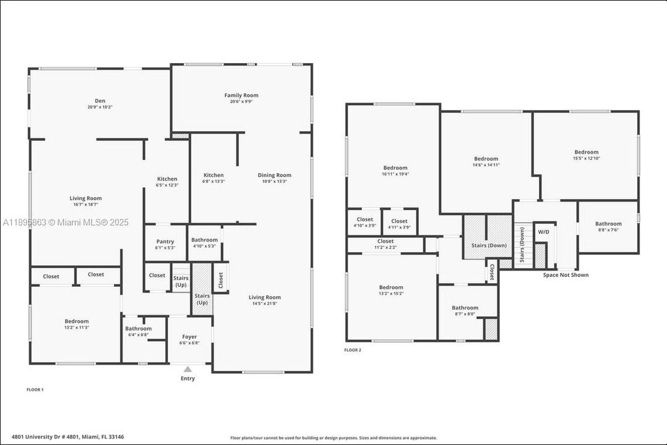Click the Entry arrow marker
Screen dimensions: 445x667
(x=187, y=370)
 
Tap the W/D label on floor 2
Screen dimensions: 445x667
(x=543, y=232)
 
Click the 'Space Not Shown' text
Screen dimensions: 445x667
(x=566, y=275)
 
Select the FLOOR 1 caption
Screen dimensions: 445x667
(x=35, y=389)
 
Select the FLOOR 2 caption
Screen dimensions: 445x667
(x=353, y=350)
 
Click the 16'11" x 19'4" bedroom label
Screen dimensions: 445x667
(x=395, y=171)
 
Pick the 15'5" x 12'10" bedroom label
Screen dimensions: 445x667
(x=586, y=155)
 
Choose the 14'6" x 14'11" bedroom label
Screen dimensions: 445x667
(x=486, y=161)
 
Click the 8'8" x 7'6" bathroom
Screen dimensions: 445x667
(x=608, y=226)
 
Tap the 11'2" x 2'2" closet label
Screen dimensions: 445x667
(x=385, y=244)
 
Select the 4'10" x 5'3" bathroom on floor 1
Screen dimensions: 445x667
(x=204, y=242)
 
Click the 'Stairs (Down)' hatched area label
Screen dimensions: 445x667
(x=488, y=245)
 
